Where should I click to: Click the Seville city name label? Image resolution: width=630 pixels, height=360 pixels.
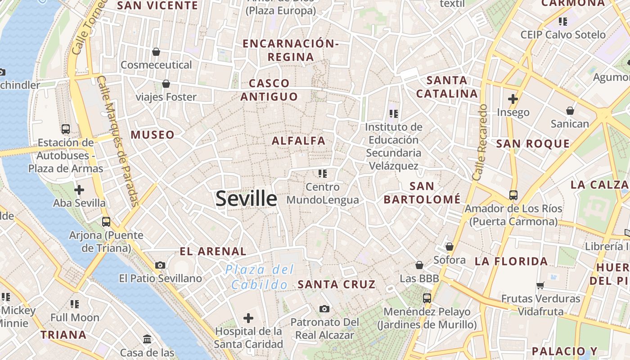tap(246, 198)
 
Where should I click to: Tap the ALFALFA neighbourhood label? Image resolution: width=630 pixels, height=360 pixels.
tap(298, 141)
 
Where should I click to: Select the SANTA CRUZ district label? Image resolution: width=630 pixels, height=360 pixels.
tap(336, 284)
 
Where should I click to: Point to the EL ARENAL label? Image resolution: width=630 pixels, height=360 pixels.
tap(213, 252)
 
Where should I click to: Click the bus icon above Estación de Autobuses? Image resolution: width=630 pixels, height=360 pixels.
tap(66, 129)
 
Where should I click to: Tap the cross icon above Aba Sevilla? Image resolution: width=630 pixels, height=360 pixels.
tap(79, 190)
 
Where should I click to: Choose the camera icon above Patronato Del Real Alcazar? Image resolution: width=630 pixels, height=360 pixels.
tap(324, 309)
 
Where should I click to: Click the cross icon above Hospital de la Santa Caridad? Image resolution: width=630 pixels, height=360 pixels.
tap(248, 319)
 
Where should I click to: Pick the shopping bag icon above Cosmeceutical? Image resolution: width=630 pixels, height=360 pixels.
tap(156, 52)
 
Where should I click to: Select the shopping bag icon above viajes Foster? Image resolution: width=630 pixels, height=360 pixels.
tap(166, 84)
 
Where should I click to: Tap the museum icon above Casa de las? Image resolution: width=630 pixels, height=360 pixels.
tap(147, 339)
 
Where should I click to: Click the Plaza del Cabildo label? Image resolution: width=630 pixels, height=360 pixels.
tap(260, 277)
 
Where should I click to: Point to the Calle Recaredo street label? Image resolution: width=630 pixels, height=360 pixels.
tap(480, 143)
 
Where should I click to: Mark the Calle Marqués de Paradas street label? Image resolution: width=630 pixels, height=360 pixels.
tap(118, 141)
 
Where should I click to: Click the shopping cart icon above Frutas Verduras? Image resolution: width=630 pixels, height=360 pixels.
tap(540, 285)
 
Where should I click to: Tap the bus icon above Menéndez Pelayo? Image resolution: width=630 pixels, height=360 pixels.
tap(427, 298)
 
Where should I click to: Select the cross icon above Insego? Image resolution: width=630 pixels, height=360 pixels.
tap(513, 99)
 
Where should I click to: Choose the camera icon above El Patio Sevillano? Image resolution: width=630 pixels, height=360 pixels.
tap(160, 265)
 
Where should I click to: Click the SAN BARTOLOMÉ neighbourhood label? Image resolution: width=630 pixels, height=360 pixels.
tap(422, 193)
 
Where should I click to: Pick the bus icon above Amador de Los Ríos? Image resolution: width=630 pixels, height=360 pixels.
tap(513, 195)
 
